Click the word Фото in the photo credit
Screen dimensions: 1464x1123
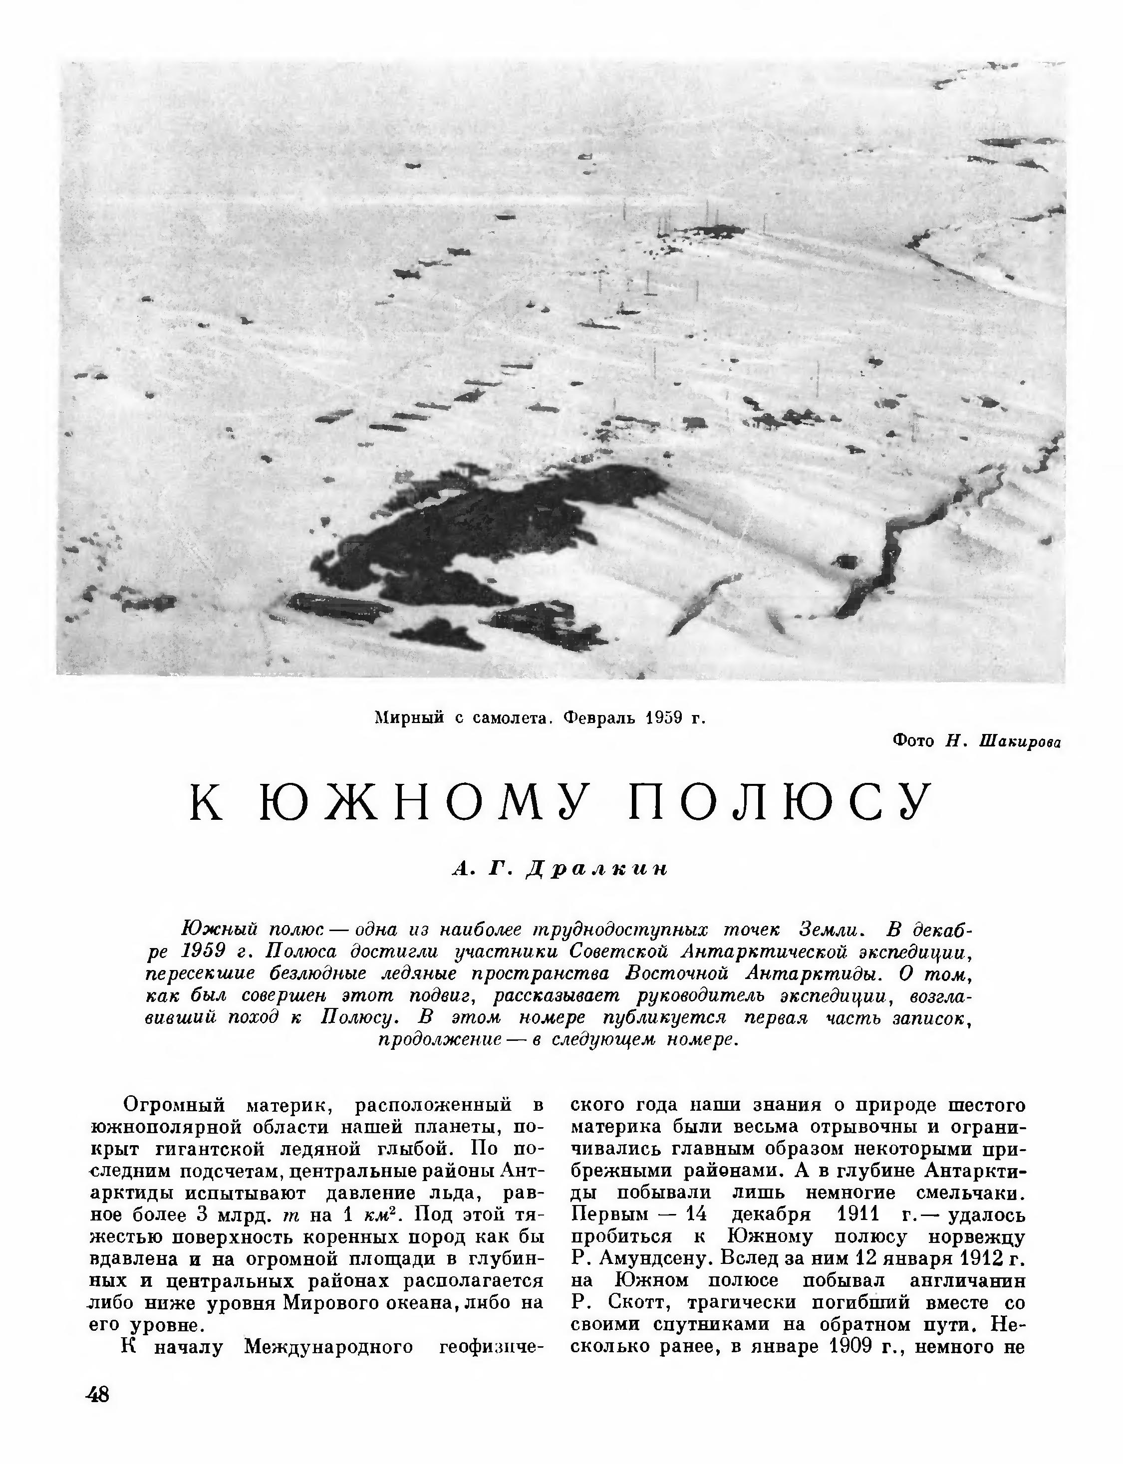tap(913, 740)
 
